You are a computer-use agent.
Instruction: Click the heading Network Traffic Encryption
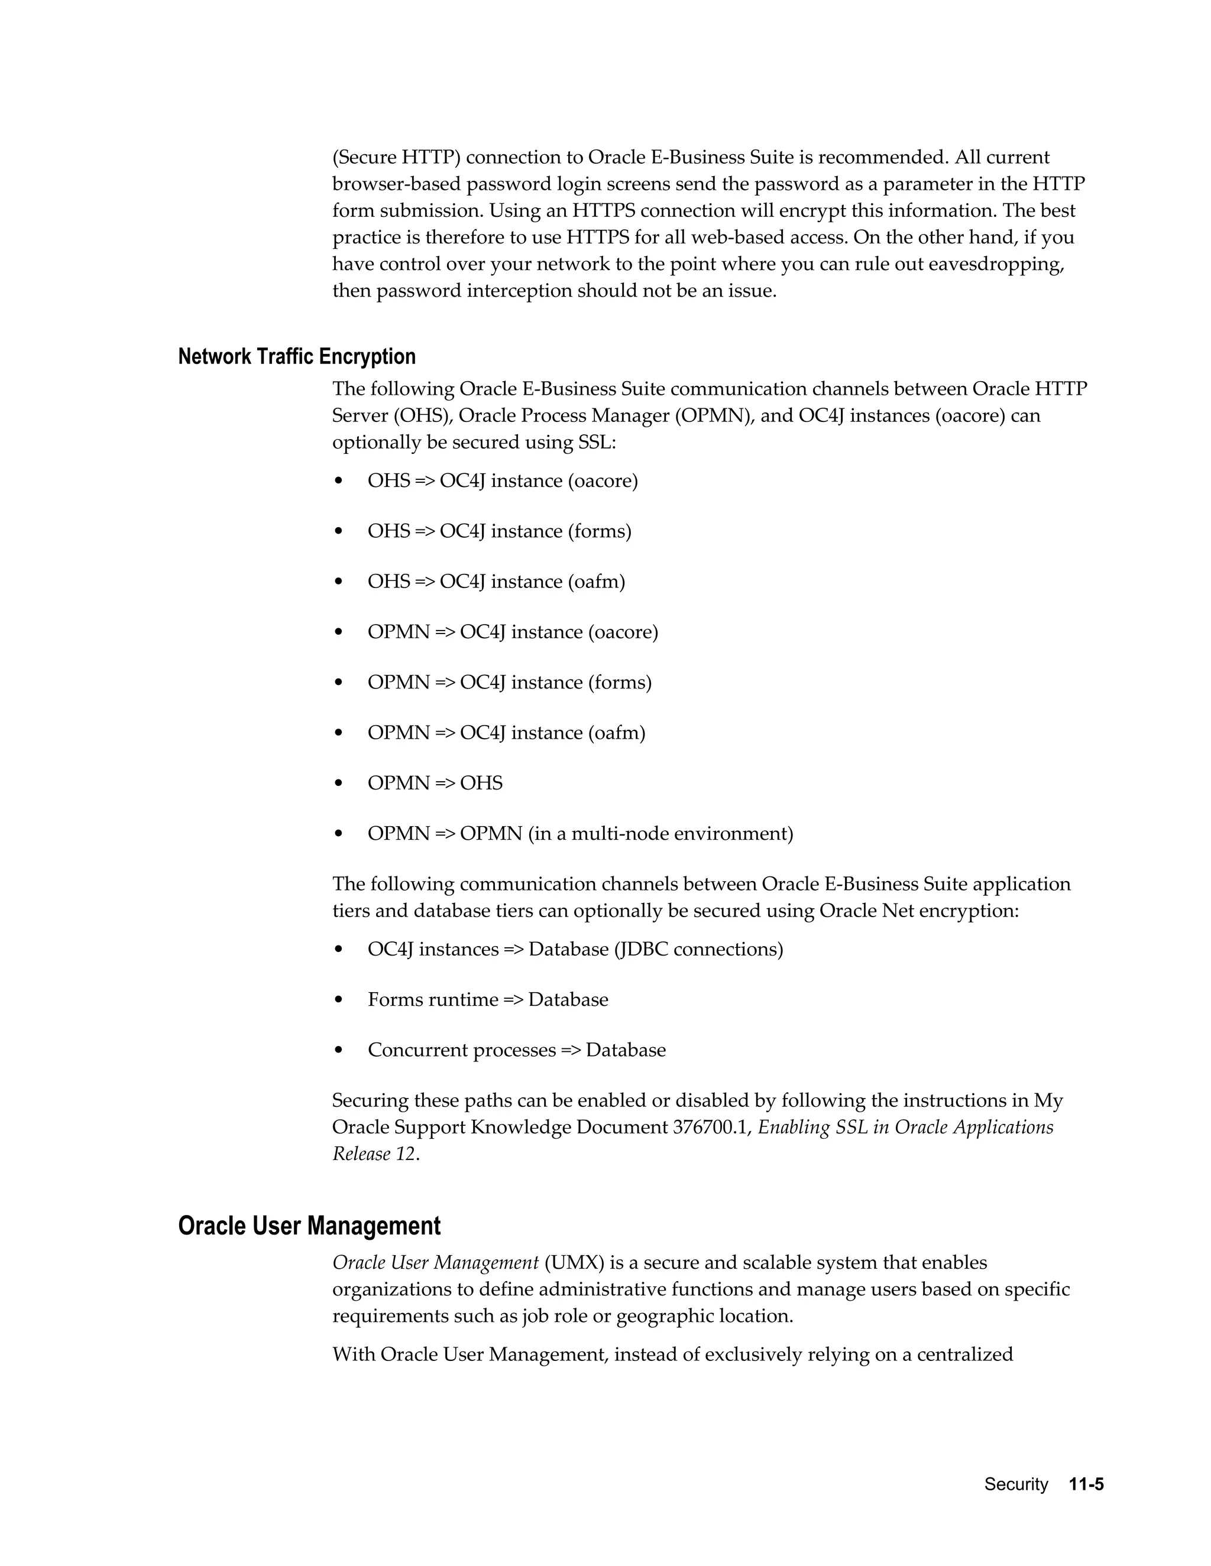(296, 356)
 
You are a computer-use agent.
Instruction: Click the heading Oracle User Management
(309, 1226)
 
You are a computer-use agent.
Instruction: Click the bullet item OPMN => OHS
(435, 783)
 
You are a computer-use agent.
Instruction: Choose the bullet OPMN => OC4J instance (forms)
(509, 682)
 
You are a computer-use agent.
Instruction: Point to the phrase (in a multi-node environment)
(660, 833)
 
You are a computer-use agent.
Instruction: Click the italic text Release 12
(374, 1154)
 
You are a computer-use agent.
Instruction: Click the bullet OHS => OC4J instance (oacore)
(502, 480)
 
